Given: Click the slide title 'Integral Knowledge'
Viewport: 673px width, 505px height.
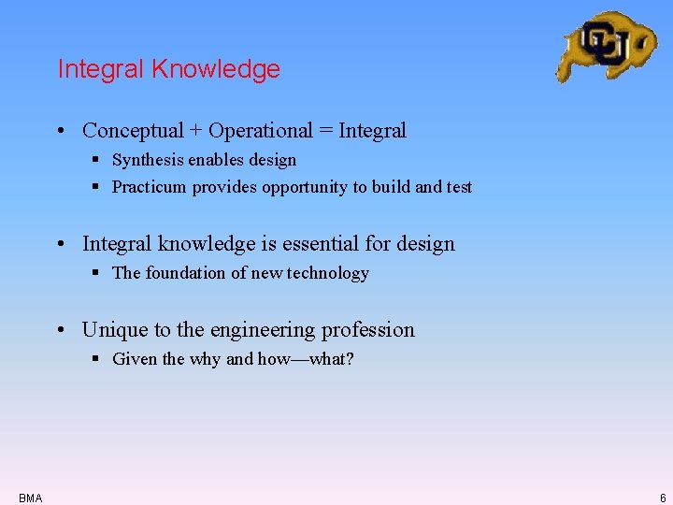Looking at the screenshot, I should pyautogui.click(x=168, y=69).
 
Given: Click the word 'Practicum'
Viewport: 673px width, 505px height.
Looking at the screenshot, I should pyautogui.click(x=150, y=187).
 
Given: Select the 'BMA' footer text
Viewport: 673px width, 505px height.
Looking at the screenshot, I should pyautogui.click(x=30, y=498).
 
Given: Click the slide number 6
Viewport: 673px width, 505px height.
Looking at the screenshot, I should pyautogui.click(x=662, y=498).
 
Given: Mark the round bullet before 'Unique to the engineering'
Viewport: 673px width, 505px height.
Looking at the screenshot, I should pyautogui.click(x=60, y=331).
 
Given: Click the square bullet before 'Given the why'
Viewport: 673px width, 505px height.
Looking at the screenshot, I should pyautogui.click(x=96, y=359).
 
